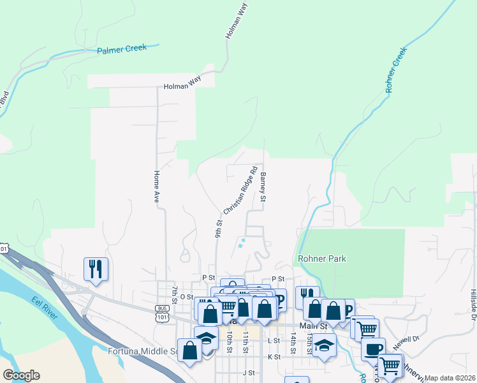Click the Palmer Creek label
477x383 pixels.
point(122,49)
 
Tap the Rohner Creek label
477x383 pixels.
point(396,70)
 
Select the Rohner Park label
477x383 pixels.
point(321,259)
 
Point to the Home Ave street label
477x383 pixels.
point(156,187)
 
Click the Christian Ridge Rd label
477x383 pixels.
point(240,190)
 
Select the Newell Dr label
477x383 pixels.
point(406,343)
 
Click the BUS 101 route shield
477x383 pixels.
point(161,312)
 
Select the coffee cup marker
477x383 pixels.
point(373,349)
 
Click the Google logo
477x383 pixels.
point(21,375)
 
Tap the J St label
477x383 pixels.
point(248,372)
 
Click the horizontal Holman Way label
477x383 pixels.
point(182,86)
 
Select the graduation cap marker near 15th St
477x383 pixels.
point(324,345)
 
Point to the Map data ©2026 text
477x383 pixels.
point(450,378)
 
